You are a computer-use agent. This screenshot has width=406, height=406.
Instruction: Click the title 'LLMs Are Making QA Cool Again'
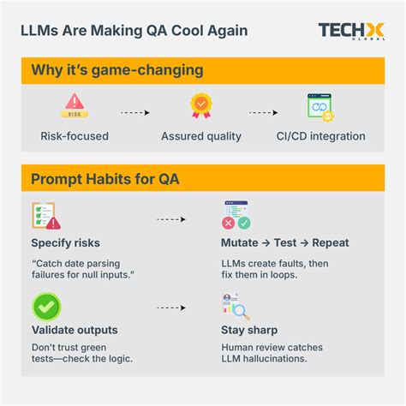coord(134,31)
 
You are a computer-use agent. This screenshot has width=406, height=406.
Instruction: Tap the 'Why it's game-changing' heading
coord(104,69)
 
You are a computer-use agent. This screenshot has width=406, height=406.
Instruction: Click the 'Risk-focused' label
coord(73,136)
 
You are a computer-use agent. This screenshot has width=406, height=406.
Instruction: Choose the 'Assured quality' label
coord(201,136)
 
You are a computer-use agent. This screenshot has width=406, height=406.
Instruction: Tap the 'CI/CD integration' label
coord(321,136)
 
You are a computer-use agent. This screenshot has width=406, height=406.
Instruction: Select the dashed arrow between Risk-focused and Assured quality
coord(134,112)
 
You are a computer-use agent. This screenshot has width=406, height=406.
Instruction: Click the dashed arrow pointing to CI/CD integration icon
coord(262,112)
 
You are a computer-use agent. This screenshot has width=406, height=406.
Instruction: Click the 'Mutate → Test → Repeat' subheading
coord(285,242)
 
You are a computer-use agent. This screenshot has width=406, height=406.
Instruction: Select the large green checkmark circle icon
coord(45,305)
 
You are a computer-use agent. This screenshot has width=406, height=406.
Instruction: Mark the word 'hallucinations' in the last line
coord(278,359)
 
